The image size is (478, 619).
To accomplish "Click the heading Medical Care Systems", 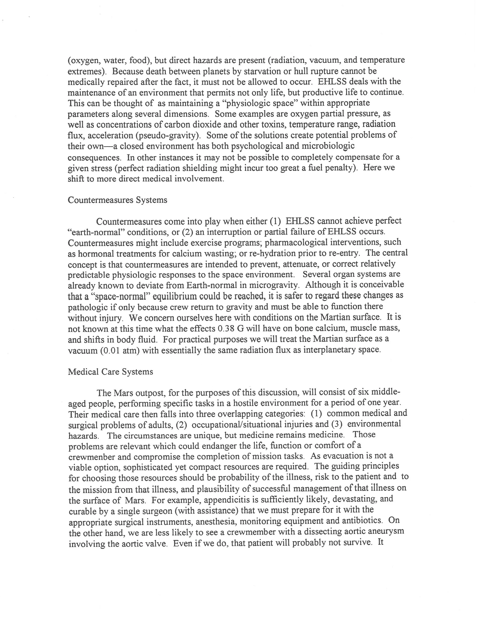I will [x=110, y=372].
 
